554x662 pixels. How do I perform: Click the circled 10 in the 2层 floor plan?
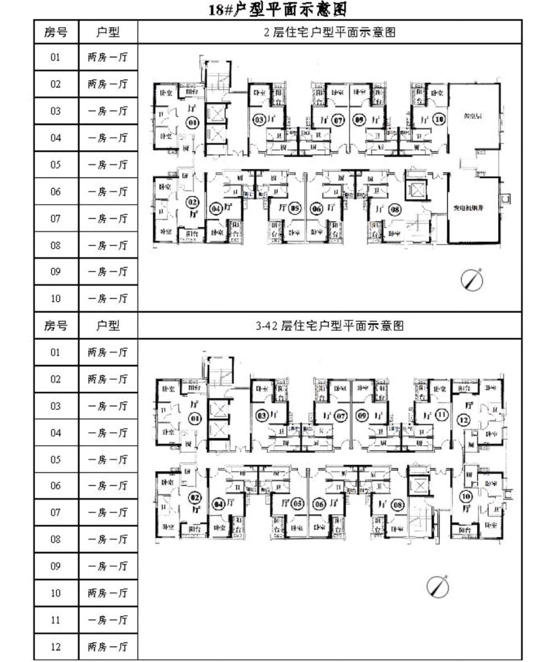click(440, 119)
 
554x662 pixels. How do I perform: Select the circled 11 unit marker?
click(442, 414)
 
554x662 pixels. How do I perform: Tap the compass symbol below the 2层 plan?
click(472, 279)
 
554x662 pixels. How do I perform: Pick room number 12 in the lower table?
click(56, 647)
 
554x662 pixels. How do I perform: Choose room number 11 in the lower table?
click(56, 620)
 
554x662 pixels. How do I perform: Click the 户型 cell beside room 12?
click(108, 647)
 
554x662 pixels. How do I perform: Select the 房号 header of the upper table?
click(56, 32)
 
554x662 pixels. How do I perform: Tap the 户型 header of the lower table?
click(108, 325)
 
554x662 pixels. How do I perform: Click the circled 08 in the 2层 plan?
click(395, 209)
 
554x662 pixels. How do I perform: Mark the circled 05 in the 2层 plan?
click(295, 209)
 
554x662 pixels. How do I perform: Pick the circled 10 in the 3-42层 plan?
click(466, 496)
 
